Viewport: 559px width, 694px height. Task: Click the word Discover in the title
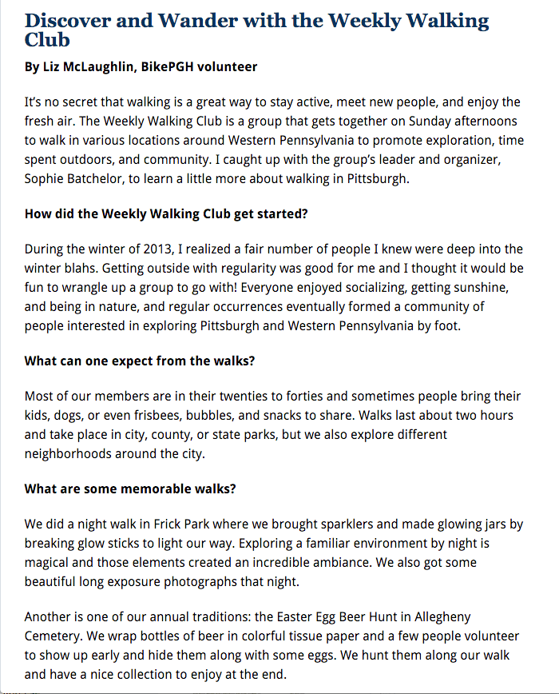pyautogui.click(x=69, y=20)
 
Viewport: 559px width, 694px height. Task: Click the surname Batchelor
pyautogui.click(x=104, y=178)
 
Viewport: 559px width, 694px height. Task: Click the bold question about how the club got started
pyautogui.click(x=166, y=214)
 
